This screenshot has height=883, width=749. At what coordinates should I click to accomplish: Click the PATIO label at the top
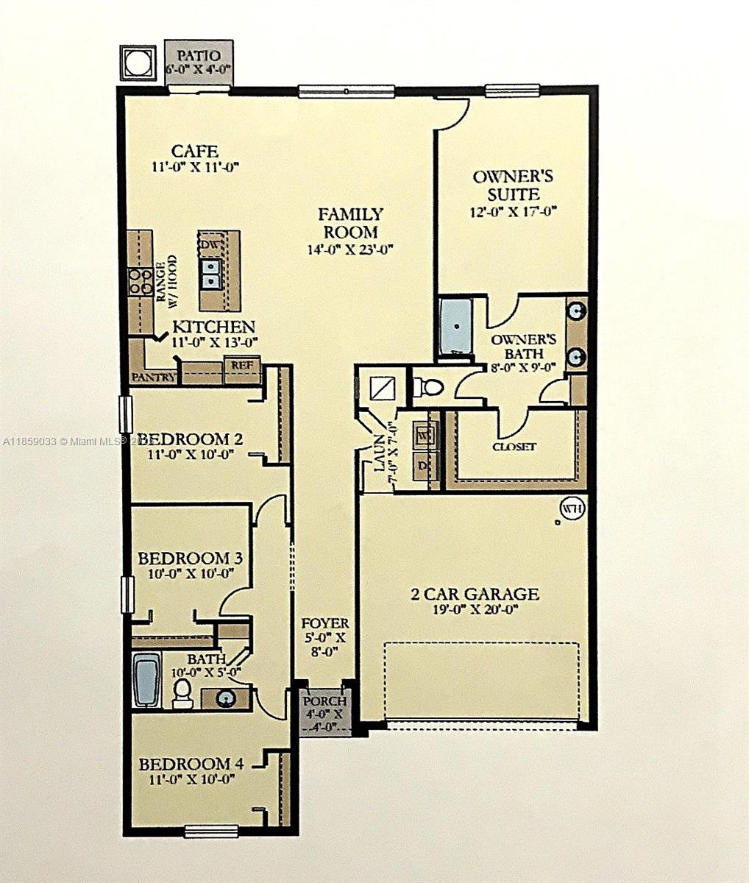[198, 55]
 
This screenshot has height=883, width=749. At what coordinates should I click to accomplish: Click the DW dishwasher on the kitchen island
[210, 244]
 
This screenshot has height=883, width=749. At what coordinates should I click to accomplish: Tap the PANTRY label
[153, 377]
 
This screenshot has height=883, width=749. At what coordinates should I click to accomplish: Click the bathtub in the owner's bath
[456, 326]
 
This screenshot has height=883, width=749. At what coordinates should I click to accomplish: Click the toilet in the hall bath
[182, 692]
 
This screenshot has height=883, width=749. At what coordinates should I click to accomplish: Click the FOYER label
[325, 623]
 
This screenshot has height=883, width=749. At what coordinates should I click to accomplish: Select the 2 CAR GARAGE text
[475, 594]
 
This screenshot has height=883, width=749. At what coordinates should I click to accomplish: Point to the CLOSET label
[514, 447]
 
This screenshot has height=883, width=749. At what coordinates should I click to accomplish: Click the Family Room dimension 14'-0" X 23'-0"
[351, 249]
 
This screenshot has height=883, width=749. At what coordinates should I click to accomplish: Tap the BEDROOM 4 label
[191, 763]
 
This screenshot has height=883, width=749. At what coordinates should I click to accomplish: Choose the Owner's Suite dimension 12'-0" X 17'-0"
[514, 212]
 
